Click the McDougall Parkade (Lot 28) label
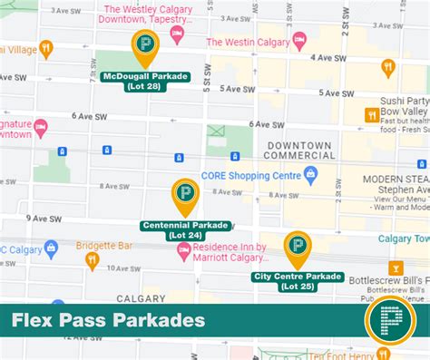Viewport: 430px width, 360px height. (145, 82)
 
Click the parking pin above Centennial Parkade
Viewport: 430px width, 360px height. (185, 194)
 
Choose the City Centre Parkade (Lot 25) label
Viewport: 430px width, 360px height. (298, 280)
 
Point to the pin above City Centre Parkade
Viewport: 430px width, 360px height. (297, 246)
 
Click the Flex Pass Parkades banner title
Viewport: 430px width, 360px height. (108, 320)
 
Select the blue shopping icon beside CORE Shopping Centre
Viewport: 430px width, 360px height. (310, 173)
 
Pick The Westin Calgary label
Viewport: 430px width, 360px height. (249, 41)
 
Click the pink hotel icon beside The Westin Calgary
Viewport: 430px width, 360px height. (299, 41)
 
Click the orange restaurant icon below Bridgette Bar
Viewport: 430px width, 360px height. (92, 261)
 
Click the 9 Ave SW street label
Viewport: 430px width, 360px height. (43, 219)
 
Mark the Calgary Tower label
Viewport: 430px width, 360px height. (403, 238)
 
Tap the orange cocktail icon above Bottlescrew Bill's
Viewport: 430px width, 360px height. (395, 268)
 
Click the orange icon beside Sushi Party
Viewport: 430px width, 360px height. (371, 114)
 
